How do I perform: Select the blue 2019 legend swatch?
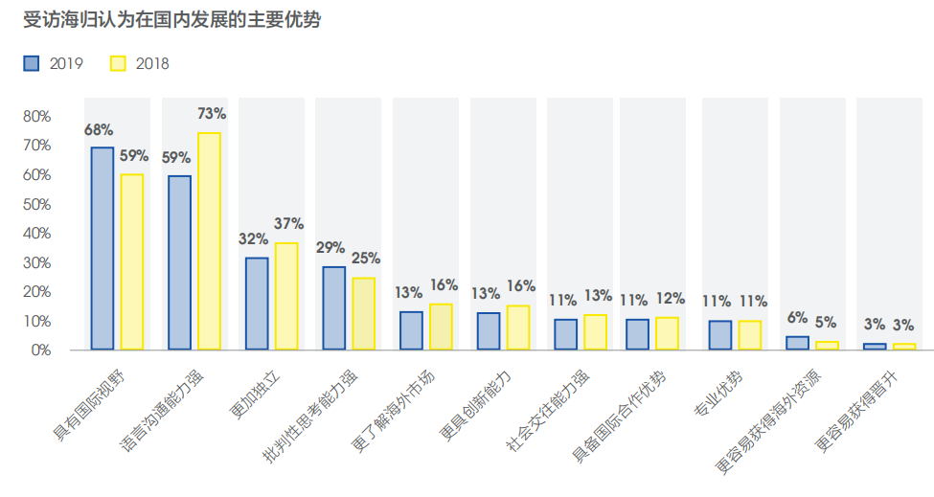(x=32, y=64)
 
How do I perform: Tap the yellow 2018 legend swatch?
(x=118, y=64)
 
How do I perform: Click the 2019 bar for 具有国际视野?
(x=102, y=248)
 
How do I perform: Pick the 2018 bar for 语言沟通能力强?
(x=209, y=241)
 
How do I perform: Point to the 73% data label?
(x=211, y=114)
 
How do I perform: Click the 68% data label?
(x=99, y=129)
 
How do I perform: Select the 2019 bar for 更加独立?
(x=257, y=303)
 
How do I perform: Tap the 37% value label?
(x=288, y=224)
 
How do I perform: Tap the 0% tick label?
(x=40, y=350)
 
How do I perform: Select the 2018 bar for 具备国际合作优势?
(x=667, y=332)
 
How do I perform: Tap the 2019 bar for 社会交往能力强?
(x=565, y=334)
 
